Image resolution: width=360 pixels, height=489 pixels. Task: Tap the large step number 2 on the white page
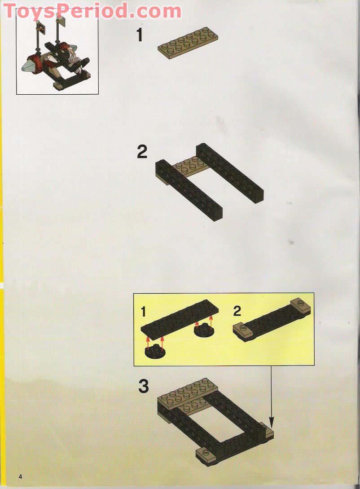click(142, 152)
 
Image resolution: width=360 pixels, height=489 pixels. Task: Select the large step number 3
click(143, 386)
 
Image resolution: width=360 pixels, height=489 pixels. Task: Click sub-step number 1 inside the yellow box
click(143, 311)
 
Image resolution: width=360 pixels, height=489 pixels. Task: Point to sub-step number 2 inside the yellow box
click(237, 310)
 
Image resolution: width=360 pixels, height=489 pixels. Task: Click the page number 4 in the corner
click(20, 476)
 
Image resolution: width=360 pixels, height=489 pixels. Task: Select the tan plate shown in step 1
click(188, 41)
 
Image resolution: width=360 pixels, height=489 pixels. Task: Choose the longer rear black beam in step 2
click(230, 172)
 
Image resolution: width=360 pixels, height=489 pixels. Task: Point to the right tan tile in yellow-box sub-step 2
click(301, 306)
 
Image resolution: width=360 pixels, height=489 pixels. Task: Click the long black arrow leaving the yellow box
click(271, 395)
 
